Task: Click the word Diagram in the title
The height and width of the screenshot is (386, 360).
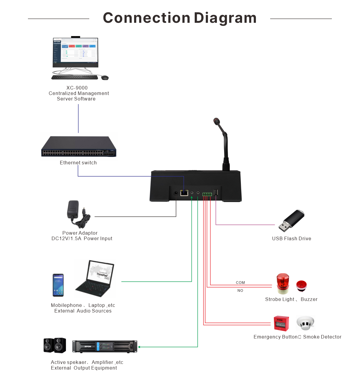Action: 225,18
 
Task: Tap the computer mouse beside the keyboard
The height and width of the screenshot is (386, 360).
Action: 105,78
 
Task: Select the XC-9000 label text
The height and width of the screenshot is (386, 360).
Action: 77,88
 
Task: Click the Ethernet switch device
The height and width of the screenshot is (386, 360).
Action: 79,147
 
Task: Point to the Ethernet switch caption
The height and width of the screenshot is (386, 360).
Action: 78,163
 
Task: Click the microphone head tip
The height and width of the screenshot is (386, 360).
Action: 216,121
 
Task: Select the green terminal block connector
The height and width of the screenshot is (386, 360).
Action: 207,194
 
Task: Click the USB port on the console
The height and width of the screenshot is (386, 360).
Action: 216,193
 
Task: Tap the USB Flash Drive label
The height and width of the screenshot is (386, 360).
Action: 292,239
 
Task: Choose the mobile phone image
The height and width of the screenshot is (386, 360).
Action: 58,285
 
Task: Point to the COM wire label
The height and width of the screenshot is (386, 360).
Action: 240,283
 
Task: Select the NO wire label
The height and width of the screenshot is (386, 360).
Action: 240,291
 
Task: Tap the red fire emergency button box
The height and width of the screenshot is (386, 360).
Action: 281,323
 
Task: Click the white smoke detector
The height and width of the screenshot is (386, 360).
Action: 305,323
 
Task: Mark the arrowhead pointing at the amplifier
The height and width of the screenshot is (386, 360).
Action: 139,347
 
